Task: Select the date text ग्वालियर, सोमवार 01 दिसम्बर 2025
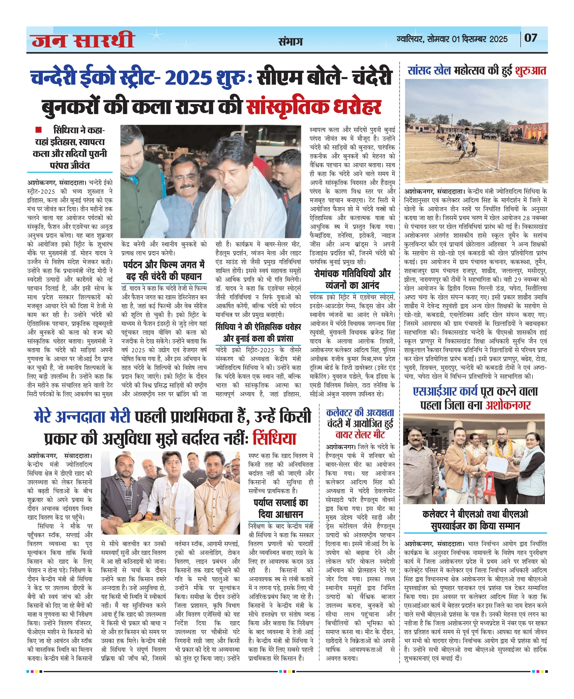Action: (x=452, y=39)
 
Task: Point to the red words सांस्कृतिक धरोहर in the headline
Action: (x=314, y=107)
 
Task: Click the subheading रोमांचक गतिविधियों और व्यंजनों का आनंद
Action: (x=352, y=279)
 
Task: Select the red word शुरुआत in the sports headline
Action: (x=530, y=71)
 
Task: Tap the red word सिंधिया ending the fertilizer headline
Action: (x=274, y=439)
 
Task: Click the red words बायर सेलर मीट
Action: (x=360, y=434)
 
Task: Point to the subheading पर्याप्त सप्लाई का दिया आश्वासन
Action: (x=280, y=508)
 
